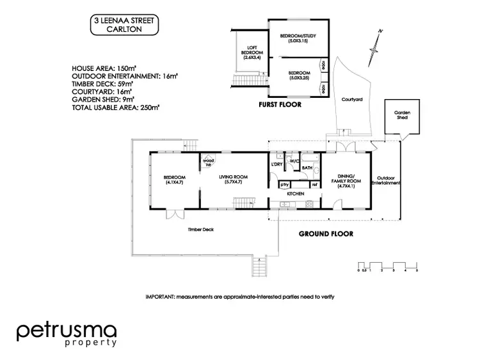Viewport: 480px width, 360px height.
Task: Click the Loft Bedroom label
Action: pos(249,53)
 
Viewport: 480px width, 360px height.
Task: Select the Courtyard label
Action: pos(352,99)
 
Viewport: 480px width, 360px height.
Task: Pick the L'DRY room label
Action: pos(277,164)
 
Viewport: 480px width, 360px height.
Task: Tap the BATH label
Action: pos(307,168)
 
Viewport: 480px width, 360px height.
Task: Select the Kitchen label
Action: pos(294,193)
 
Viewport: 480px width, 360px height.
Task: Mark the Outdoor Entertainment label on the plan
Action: pos(388,180)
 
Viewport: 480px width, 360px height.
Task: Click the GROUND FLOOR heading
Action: pos(326,234)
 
